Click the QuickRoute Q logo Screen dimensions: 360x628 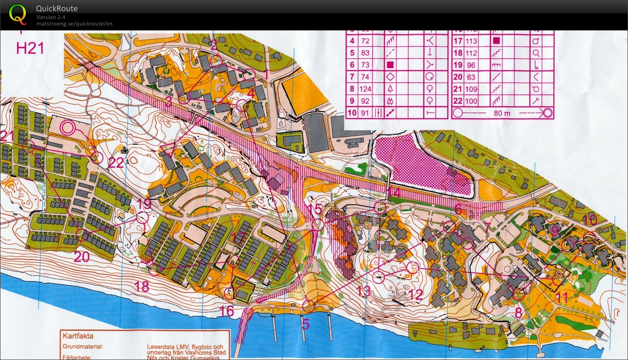[18, 14]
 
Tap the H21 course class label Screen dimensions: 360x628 [30, 48]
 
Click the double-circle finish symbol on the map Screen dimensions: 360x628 [68, 128]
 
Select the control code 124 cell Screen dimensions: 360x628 [366, 89]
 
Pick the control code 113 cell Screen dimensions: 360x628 [471, 41]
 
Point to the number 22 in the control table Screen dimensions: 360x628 [458, 101]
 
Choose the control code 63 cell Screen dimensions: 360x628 [471, 77]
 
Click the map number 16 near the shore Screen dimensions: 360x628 [227, 311]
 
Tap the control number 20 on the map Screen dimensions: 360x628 [81, 256]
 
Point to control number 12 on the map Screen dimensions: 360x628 [416, 294]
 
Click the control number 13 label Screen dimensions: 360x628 [364, 291]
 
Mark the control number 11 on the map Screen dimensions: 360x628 [562, 298]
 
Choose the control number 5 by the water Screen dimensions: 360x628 [305, 324]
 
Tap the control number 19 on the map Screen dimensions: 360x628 [144, 203]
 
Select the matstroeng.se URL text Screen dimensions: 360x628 [74, 24]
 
